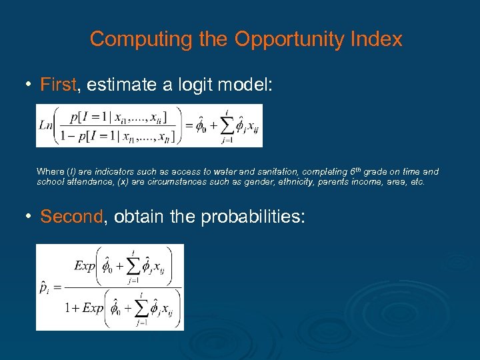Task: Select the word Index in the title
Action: tap(377, 39)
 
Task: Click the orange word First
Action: tap(57, 85)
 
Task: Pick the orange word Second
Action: tap(71, 217)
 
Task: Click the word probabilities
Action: tap(247, 217)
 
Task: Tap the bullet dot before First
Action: tap(29, 85)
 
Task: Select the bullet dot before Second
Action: tap(29, 217)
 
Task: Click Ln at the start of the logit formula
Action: tap(45, 125)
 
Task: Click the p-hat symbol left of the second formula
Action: tap(43, 288)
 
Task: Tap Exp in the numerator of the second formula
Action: tap(85, 266)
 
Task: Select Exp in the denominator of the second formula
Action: tap(93, 308)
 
